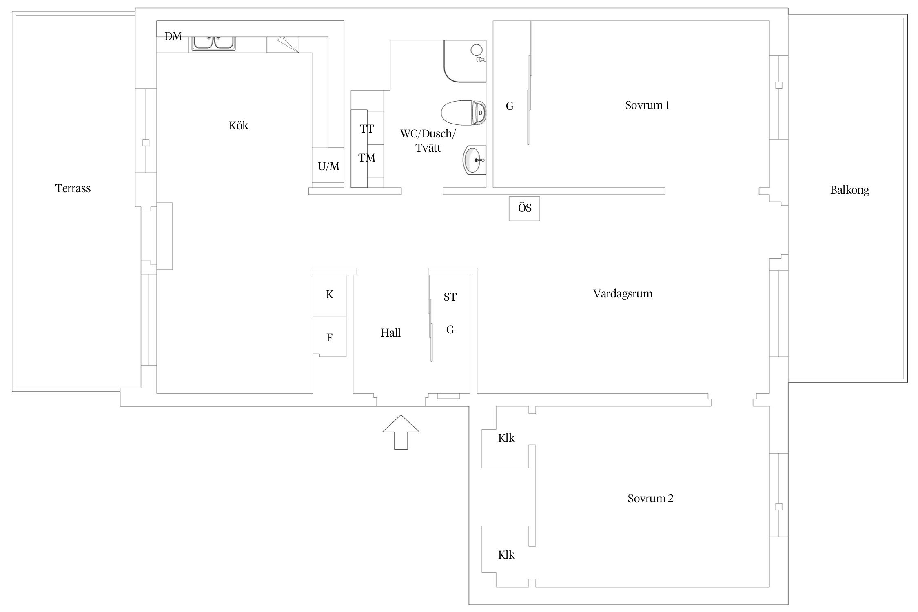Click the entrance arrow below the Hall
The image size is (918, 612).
401,432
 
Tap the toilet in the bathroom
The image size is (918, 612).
464,113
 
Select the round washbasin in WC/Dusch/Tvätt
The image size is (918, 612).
474,160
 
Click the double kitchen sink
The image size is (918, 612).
213,43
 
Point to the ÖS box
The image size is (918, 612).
524,208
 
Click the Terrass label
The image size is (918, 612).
73,188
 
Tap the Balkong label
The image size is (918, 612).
849,191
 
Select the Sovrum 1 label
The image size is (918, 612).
647,105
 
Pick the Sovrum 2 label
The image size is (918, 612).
650,499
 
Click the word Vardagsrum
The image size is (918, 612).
623,294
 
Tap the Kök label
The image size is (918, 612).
238,125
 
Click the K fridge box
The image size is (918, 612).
330,296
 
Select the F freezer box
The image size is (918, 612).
330,337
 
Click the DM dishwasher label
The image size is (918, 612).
173,37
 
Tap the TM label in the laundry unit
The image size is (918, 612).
367,158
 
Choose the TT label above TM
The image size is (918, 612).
367,129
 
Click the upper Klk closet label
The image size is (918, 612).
506,438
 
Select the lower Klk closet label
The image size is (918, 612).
506,555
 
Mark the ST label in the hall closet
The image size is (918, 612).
450,297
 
